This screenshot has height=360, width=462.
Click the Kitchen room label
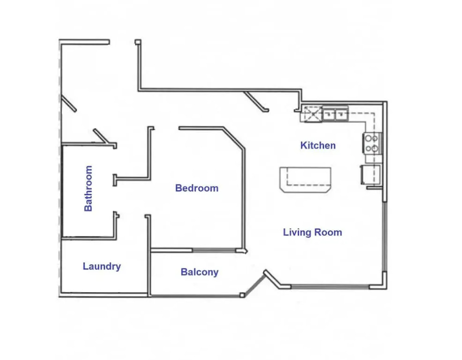(x=318, y=145)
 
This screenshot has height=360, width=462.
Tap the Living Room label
(x=313, y=232)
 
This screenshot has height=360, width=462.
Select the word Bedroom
(x=197, y=188)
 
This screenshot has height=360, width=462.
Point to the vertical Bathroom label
(x=89, y=189)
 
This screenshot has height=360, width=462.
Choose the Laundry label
(x=102, y=266)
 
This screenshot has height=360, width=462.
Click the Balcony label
(x=200, y=272)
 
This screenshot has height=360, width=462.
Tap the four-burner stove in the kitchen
(x=372, y=143)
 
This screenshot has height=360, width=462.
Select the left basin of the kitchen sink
(x=328, y=114)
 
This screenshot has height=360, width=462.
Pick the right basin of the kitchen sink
(x=341, y=114)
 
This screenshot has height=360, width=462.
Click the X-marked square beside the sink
(x=313, y=114)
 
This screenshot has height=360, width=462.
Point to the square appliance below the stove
(x=371, y=175)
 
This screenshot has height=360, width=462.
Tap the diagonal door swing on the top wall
(x=256, y=102)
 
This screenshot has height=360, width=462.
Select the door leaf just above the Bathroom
(x=101, y=136)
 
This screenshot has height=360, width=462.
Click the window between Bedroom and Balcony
(x=214, y=251)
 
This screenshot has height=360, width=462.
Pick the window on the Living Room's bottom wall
(x=330, y=286)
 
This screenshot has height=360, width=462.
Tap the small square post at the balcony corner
(x=242, y=295)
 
